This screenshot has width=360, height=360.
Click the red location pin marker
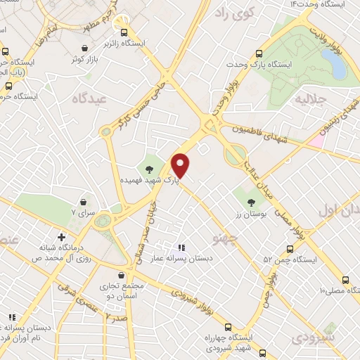tap(181, 165)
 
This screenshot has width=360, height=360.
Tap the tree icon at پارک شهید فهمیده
tap(148, 168)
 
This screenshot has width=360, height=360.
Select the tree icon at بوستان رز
tap(251, 204)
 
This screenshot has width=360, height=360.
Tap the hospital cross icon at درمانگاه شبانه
tap(63, 238)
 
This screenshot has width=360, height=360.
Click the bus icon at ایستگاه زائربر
tap(124, 32)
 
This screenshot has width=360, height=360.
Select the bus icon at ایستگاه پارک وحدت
tap(259, 53)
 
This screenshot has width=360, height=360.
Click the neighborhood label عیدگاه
tap(89, 99)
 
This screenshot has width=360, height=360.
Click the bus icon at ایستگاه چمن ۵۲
tap(289, 248)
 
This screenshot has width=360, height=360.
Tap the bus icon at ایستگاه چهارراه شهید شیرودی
tap(228, 327)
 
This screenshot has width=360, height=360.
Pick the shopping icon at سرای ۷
tap(98, 210)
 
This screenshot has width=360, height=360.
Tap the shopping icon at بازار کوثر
tap(75, 49)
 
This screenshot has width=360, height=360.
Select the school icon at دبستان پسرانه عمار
tap(181, 247)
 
